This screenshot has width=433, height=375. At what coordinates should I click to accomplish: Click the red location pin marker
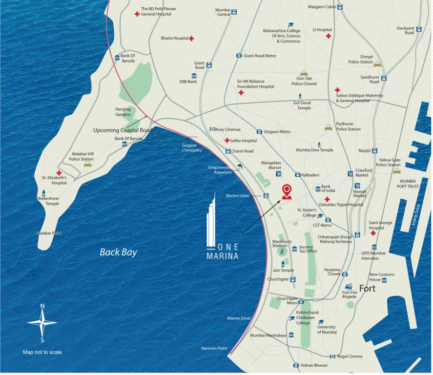(287, 191)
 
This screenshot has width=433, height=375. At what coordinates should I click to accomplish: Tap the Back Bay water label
(118, 252)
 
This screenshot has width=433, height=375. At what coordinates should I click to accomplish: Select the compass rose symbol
(42, 322)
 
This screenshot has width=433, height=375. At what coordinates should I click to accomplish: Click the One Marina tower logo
(212, 220)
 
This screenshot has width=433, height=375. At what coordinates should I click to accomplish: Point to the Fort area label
(367, 289)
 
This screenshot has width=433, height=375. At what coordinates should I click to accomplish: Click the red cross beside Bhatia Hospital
(192, 38)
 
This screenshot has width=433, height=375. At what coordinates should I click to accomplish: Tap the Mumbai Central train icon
(235, 12)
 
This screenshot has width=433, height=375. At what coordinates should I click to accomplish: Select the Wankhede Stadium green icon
(282, 252)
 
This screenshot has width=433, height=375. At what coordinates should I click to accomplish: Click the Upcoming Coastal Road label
(123, 130)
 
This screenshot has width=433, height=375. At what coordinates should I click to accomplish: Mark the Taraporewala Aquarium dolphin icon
(240, 167)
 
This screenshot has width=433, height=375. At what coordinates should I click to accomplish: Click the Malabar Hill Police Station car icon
(87, 165)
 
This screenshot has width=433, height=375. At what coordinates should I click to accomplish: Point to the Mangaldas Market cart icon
(278, 173)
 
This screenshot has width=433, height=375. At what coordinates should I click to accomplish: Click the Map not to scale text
(42, 352)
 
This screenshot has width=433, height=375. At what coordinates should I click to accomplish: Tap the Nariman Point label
(214, 348)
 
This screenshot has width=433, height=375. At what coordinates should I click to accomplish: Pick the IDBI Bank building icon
(194, 76)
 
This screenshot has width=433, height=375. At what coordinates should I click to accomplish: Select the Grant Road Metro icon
(239, 56)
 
